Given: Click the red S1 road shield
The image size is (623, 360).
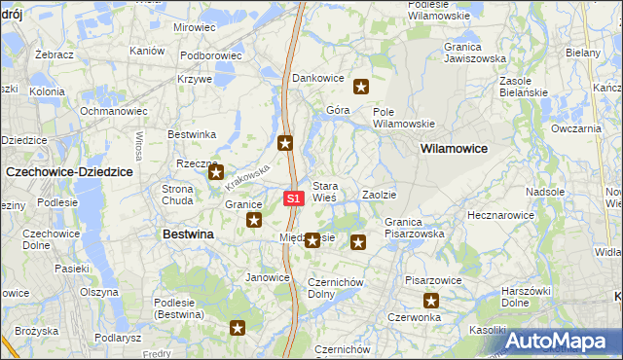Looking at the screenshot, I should [x=295, y=198].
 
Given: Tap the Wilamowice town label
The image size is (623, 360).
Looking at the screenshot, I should [x=454, y=148].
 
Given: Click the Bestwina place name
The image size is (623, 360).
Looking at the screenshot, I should [x=188, y=234].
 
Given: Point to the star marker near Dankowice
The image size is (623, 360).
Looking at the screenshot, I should [x=361, y=88].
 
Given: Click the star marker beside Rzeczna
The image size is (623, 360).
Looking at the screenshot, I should [x=215, y=172].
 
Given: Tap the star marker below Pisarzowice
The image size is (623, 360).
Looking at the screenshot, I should [x=430, y=301].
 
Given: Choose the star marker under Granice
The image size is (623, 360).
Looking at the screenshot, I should [x=254, y=221].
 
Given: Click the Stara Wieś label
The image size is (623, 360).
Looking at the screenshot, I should [x=324, y=191].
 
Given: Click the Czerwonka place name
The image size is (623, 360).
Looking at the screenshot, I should [x=414, y=317].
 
